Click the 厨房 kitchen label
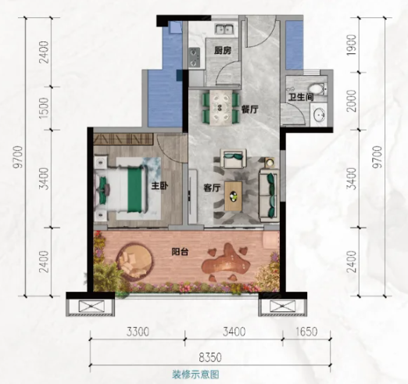(223, 51)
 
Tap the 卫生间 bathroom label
(301, 98)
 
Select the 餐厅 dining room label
(249, 109)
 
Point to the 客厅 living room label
(212, 188)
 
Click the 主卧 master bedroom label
(160, 186)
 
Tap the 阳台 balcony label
(180, 252)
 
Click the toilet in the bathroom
(318, 88)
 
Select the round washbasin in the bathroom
(319, 114)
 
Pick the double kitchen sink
(224, 29)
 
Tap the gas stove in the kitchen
(194, 58)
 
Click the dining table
(220, 108)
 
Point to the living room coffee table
(233, 196)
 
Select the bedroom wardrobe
(123, 138)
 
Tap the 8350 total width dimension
(210, 357)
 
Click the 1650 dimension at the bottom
(306, 332)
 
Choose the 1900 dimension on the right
(352, 45)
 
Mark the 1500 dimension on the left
(45, 108)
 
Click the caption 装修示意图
(195, 375)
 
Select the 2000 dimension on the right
(352, 101)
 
